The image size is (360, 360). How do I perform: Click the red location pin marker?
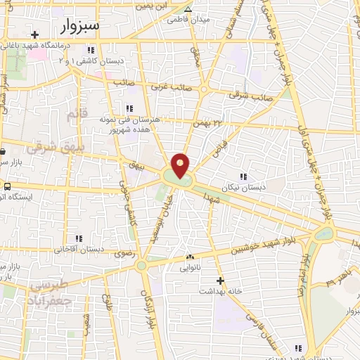[181, 166]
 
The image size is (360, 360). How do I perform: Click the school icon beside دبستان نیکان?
[243, 176]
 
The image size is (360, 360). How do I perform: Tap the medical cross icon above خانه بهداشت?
[221, 279]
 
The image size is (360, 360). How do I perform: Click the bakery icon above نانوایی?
[190, 257]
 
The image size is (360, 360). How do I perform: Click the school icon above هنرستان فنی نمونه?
[129, 108]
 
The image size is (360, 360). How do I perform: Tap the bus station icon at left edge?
[7, 187]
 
